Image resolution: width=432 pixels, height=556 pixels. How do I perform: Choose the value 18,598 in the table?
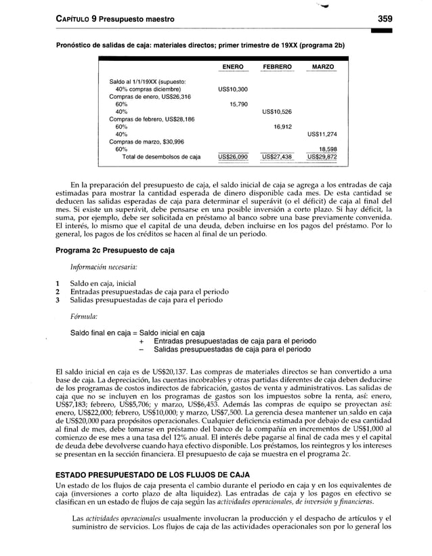(x=327, y=149)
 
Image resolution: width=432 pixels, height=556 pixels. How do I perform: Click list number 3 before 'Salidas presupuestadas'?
(x=59, y=300)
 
